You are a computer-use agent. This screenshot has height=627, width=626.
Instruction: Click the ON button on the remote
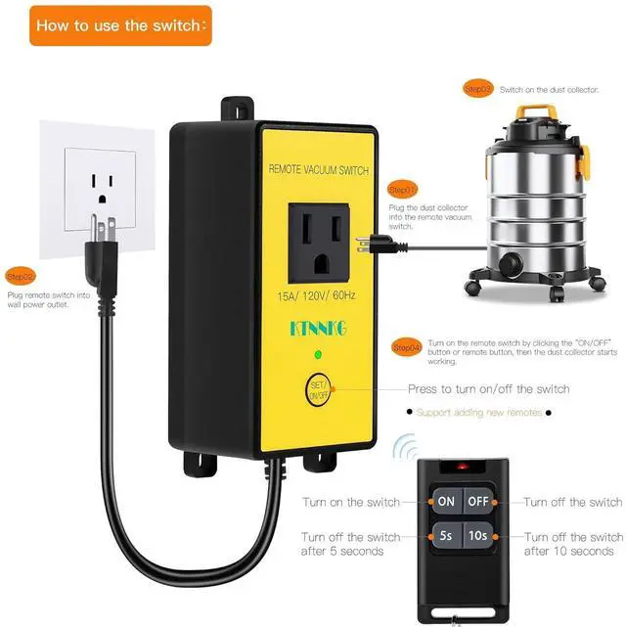point(446,502)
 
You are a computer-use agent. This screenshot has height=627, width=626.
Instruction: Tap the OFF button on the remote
point(477,502)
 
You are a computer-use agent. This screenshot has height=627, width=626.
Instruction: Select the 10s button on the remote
point(477,537)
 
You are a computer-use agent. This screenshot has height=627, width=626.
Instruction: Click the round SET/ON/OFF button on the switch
point(318,389)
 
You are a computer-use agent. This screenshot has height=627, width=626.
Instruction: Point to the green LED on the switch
point(318,353)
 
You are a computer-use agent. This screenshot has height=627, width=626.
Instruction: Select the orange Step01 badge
point(402,189)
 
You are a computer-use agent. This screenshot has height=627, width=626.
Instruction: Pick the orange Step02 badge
point(20,276)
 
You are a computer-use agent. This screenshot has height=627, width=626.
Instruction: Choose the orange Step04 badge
point(406,347)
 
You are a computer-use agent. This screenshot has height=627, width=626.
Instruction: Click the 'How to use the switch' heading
point(121,25)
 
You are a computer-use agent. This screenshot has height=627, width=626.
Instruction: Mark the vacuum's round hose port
point(512,260)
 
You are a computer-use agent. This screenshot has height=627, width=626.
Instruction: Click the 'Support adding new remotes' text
point(479,413)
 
